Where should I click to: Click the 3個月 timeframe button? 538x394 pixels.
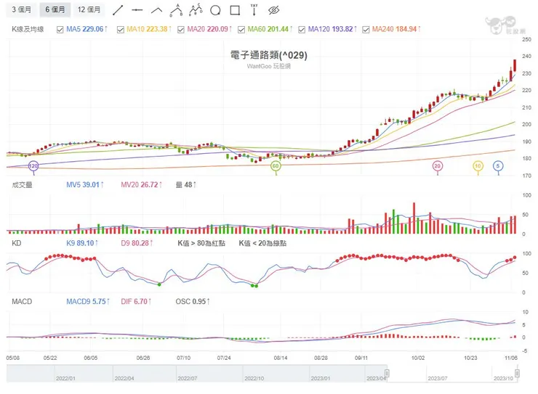[x=20, y=10]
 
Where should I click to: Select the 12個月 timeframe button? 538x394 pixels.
[x=90, y=10]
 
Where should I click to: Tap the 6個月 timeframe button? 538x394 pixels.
[x=55, y=10]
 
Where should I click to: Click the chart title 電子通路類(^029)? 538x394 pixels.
[x=268, y=54]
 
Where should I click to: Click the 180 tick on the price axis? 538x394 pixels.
[x=526, y=158]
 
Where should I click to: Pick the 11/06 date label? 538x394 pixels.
[x=510, y=358]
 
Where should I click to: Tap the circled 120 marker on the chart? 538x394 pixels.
[x=33, y=166]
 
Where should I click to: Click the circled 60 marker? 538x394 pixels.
[x=276, y=166]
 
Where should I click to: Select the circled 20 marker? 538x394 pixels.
[x=438, y=166]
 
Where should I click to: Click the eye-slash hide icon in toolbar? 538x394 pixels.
[x=273, y=10]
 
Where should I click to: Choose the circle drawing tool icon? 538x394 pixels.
[x=215, y=10]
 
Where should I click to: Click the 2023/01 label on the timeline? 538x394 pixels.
[x=321, y=378]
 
